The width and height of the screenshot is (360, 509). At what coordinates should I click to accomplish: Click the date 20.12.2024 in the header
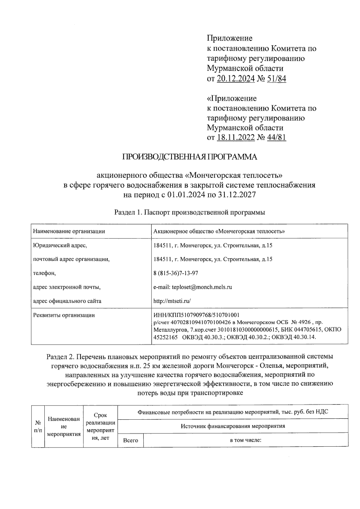[236, 79]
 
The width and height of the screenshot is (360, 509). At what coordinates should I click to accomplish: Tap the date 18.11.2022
[236, 137]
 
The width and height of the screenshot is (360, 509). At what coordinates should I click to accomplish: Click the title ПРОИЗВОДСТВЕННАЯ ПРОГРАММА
[189, 157]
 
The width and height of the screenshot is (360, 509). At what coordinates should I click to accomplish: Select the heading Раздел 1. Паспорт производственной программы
[190, 213]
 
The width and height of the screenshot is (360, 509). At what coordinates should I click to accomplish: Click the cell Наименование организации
[69, 231]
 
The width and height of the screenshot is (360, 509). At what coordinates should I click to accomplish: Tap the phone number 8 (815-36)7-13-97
[175, 273]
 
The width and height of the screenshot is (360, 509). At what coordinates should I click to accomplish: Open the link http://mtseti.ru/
[172, 301]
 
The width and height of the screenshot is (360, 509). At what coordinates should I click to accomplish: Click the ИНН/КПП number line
[196, 315]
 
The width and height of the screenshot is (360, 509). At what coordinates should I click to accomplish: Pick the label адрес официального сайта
[67, 301]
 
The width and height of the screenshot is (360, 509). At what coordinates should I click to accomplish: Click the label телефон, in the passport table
[44, 273]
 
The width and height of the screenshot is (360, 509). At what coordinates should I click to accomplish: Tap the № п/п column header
[38, 426]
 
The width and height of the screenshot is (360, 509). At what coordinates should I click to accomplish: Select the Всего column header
[130, 440]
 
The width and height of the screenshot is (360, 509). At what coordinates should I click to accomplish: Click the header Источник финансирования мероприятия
[233, 426]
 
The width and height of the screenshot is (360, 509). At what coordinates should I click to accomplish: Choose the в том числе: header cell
[246, 440]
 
